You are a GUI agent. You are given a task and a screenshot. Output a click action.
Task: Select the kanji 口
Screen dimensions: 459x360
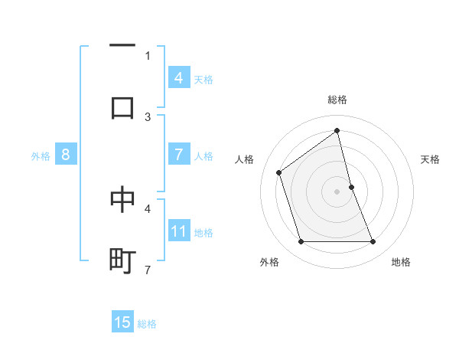(122, 106)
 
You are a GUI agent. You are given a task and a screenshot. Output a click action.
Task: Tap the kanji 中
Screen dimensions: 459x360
(122, 198)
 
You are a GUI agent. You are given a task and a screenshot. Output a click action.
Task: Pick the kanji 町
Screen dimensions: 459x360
(122, 260)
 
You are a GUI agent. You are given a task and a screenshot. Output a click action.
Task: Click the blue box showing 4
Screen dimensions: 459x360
(178, 78)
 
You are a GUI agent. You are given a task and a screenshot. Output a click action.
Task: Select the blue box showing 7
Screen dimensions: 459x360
(178, 155)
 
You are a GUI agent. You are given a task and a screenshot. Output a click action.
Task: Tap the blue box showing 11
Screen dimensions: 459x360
(178, 231)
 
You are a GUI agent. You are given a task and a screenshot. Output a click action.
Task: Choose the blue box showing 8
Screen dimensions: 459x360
(65, 155)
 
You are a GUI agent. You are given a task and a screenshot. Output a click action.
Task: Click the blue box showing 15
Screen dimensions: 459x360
(122, 322)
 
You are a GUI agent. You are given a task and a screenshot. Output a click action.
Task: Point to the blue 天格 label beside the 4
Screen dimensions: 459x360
(203, 79)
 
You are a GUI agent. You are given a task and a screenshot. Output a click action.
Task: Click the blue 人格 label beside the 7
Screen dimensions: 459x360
(203, 156)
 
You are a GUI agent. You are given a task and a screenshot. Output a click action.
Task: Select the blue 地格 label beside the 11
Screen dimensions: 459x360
(203, 232)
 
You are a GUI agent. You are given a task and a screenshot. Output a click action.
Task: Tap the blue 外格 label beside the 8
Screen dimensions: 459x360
(41, 155)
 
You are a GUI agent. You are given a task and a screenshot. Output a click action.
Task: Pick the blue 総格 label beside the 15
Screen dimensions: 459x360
(147, 323)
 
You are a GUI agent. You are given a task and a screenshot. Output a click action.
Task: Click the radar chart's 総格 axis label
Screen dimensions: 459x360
(337, 100)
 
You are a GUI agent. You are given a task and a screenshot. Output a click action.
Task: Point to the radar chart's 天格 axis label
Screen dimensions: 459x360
(431, 159)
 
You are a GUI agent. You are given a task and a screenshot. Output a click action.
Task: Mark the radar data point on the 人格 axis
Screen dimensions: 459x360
(279, 172)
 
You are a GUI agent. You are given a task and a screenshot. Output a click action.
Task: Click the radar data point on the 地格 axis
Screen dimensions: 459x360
(373, 242)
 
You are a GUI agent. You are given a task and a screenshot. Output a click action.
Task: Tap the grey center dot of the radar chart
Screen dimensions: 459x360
(337, 191)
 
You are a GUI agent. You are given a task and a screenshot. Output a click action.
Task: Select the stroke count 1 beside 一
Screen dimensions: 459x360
(148, 55)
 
